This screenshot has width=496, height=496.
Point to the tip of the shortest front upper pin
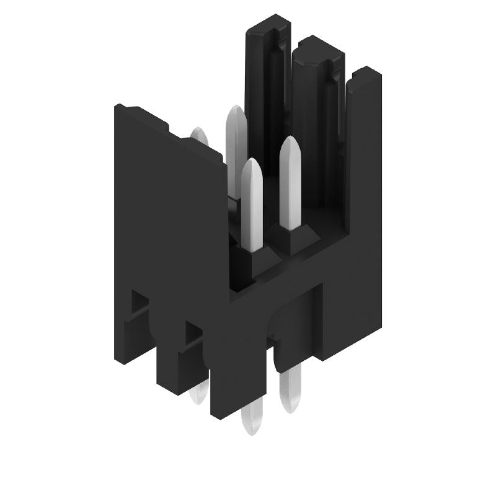(x=251, y=165)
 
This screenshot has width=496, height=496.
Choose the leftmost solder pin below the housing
(x=199, y=393)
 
